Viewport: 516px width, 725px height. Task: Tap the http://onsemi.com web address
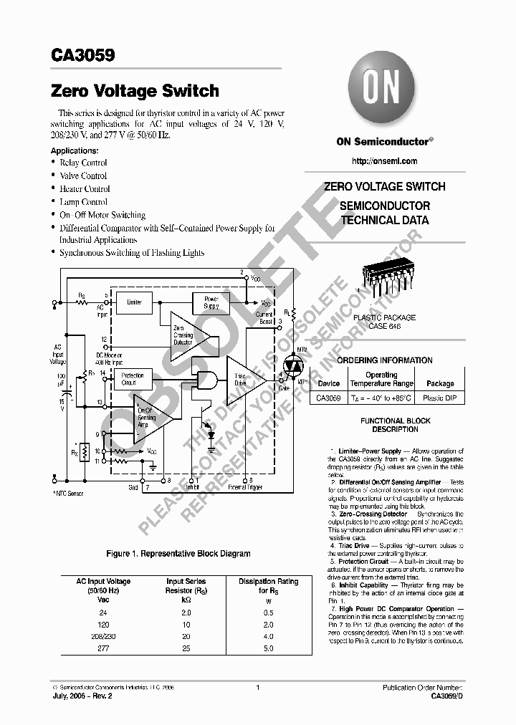pyautogui.click(x=385, y=161)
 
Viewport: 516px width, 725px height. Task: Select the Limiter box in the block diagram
pyautogui.click(x=135, y=303)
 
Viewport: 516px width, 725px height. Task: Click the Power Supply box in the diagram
pyautogui.click(x=211, y=302)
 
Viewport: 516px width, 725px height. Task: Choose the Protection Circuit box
pyautogui.click(x=133, y=379)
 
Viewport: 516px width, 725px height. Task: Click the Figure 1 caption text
pyautogui.click(x=178, y=554)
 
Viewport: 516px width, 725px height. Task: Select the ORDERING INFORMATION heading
pyautogui.click(x=384, y=360)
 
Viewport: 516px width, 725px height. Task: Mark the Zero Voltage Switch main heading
pyautogui.click(x=135, y=91)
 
